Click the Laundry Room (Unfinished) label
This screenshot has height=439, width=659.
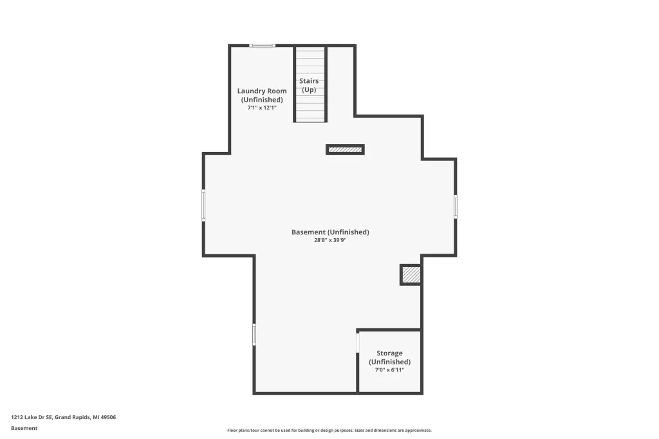262,95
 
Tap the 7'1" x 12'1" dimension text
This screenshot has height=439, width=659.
262,107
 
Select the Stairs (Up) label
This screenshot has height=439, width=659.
309,85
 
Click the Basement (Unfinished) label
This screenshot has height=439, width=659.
330,232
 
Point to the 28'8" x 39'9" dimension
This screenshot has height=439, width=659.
330,241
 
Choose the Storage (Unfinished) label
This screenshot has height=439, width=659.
389,357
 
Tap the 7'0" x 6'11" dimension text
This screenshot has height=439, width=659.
389,370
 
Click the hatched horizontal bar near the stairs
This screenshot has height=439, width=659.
345,150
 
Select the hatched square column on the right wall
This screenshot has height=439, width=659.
411,275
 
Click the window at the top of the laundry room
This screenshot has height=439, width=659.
262,46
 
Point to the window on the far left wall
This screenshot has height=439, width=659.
203,205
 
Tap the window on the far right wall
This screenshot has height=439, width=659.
456,207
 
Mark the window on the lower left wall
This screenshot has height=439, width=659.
254,334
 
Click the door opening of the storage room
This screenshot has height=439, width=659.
358,342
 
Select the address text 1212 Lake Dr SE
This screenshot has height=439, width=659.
32,417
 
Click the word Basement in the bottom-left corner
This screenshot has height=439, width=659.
24,428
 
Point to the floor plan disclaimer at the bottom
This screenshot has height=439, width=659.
329,430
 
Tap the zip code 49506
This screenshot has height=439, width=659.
108,417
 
